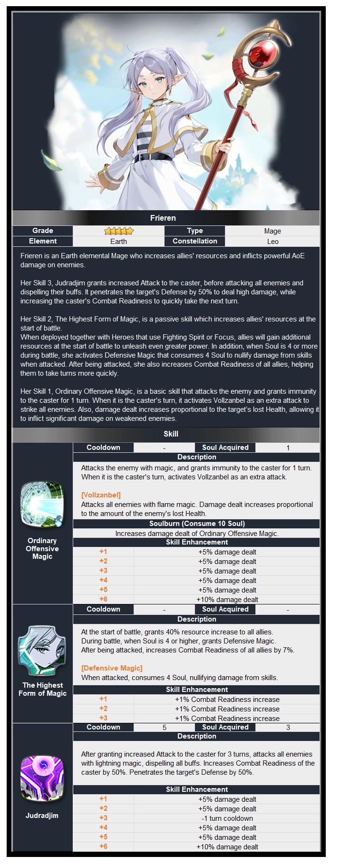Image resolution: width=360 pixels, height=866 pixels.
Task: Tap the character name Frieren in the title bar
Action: pyautogui.click(x=163, y=218)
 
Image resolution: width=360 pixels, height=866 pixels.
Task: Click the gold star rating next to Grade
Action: pyautogui.click(x=119, y=231)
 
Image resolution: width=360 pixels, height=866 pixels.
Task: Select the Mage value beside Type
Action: pyautogui.click(x=272, y=231)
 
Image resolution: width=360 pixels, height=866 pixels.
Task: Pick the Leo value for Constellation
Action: pyautogui.click(x=272, y=242)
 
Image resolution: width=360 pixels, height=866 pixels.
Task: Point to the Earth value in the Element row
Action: pyautogui.click(x=119, y=242)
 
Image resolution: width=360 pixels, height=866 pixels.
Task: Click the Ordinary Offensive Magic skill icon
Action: pyautogui.click(x=42, y=505)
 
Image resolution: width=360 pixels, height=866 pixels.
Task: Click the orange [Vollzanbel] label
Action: pyautogui.click(x=101, y=495)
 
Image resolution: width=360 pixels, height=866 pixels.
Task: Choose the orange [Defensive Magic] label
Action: pyautogui.click(x=112, y=668)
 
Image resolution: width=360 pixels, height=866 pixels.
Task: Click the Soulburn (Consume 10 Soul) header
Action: pyautogui.click(x=197, y=524)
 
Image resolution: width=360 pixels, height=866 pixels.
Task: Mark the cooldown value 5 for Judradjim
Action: pyautogui.click(x=165, y=728)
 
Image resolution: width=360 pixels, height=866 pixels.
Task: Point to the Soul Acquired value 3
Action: pyautogui.click(x=288, y=728)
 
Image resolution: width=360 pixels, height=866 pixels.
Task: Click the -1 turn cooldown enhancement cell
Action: pyautogui.click(x=227, y=818)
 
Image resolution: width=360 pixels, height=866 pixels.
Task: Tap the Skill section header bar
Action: pyautogui.click(x=171, y=434)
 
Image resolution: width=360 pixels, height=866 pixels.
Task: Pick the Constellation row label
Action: pyautogui.click(x=195, y=241)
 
